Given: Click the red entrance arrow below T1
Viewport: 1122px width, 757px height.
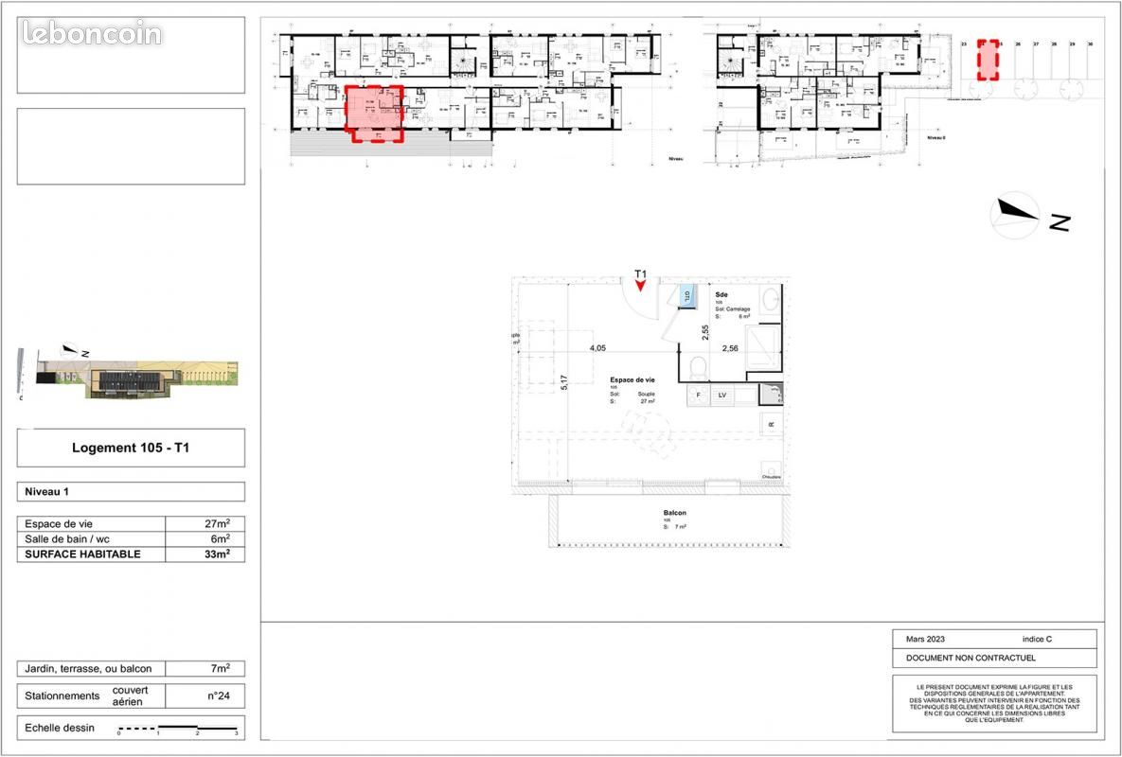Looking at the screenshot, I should [641, 287].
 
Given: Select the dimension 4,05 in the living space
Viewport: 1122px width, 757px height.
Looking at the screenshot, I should [597, 348].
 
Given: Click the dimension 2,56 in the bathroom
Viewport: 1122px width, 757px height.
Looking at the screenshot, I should [730, 348].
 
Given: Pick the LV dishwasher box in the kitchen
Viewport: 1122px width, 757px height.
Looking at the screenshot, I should [721, 395].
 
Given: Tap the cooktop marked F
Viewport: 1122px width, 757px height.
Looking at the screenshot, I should [699, 395].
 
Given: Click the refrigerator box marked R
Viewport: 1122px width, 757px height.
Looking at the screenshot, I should [771, 424].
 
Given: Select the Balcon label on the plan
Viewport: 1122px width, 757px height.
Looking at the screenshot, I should [674, 514].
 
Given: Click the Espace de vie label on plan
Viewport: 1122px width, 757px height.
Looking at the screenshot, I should [632, 379].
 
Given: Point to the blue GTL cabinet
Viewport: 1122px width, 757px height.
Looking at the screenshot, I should [687, 296].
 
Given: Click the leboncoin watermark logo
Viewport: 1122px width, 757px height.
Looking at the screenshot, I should [92, 34].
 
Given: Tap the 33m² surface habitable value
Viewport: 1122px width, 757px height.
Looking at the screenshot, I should [205, 555].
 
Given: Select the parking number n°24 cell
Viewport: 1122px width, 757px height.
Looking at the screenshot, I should [218, 695].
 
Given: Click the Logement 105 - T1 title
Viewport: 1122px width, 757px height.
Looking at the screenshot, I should [131, 448].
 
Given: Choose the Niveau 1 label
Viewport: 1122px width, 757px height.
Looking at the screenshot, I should [47, 492].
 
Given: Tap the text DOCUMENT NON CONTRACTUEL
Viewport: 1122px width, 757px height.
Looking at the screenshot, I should [971, 659].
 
